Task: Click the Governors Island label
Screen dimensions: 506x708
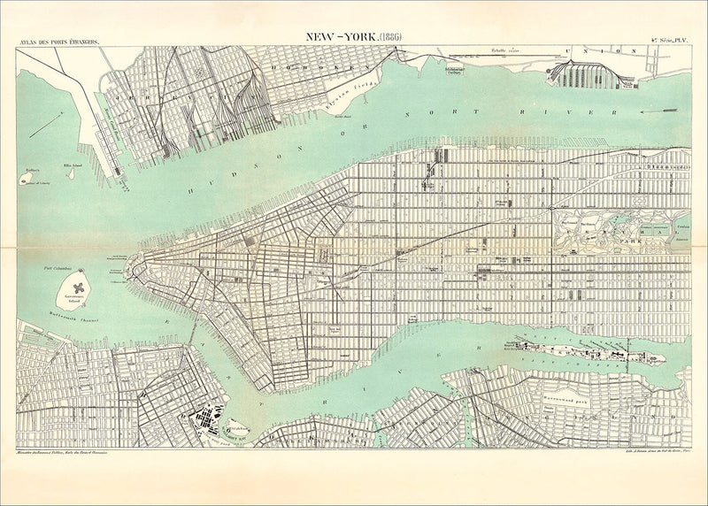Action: [x=77, y=300]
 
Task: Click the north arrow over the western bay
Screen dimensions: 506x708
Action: [x=44, y=124]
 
